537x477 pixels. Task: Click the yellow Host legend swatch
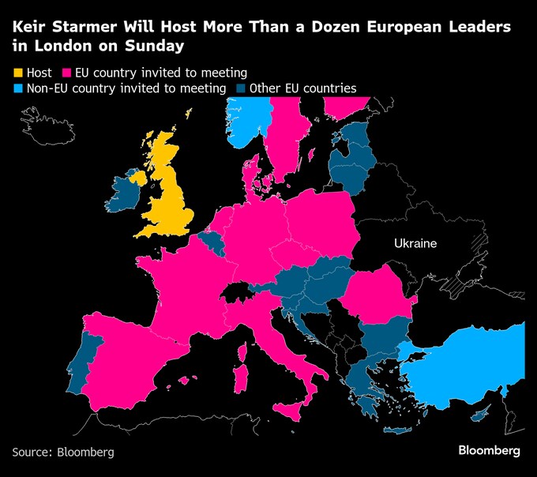[x=18, y=73]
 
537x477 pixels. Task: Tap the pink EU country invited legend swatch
[x=67, y=73]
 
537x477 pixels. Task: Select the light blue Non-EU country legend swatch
[x=18, y=88]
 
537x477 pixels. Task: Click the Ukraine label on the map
[x=415, y=243]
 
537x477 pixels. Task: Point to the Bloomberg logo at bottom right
[x=489, y=450]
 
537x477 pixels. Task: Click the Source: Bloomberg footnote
[x=63, y=453]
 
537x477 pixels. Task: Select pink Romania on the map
[x=375, y=296]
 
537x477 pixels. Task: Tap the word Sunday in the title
[x=150, y=46]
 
